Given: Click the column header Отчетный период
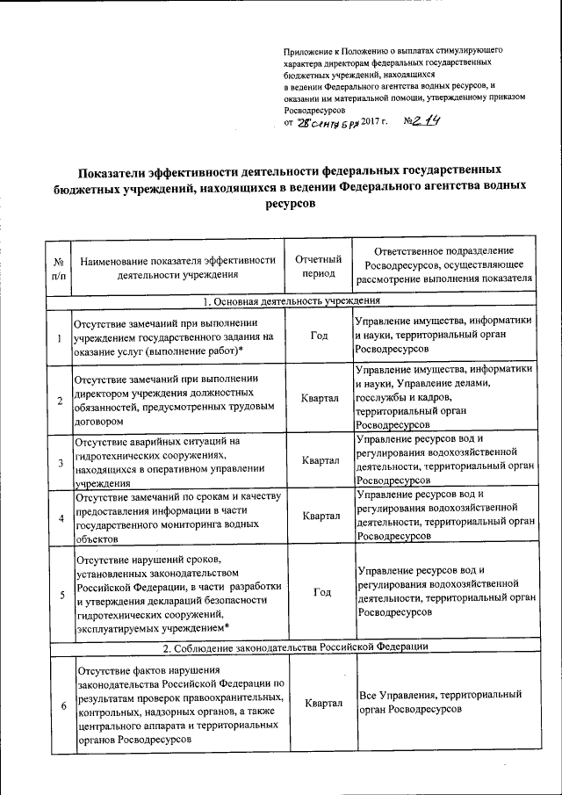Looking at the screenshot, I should coord(318,266).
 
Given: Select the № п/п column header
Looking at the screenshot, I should coord(60,267).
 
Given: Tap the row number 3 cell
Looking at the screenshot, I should coord(60,461).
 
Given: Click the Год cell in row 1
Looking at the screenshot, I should coord(320,336).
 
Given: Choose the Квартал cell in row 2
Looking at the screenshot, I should coord(320,399).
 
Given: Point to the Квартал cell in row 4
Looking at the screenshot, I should coord(320,516).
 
